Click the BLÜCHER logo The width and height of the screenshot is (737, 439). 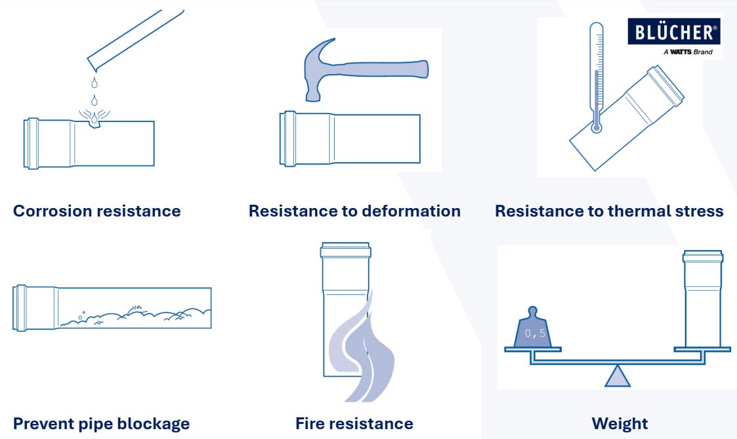coord(673,31)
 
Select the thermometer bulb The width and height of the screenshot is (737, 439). coord(597,127)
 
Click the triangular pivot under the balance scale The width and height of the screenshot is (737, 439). coord(617,376)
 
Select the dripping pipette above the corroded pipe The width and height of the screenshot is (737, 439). coord(135,39)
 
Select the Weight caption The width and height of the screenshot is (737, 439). coord(620,423)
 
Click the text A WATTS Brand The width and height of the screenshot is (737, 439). coord(688,52)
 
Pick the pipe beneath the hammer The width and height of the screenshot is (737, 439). coord(350,138)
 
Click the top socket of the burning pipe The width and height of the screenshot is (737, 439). coord(345,250)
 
